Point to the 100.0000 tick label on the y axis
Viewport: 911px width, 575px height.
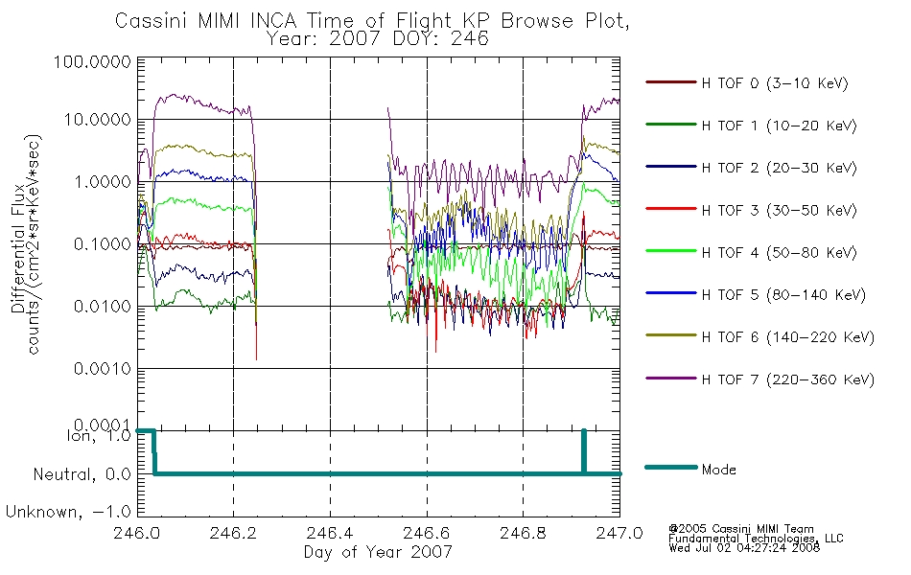(x=92, y=61)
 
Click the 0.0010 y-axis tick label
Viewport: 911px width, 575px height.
(x=103, y=369)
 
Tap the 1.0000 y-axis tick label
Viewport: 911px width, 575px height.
(x=103, y=182)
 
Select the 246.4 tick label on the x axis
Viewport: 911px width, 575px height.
(x=330, y=533)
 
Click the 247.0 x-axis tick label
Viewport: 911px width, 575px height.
(x=619, y=533)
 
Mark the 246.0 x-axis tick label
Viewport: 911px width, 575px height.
(x=137, y=533)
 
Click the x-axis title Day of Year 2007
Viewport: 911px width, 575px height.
(x=378, y=552)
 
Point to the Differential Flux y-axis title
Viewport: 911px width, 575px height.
(x=18, y=248)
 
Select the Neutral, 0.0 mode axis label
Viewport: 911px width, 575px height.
(x=82, y=475)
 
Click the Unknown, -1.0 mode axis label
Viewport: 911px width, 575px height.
(x=68, y=513)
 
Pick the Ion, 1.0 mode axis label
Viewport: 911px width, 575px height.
(x=99, y=436)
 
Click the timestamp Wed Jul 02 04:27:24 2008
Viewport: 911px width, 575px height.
(x=744, y=548)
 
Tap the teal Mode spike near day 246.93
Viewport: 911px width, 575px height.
(x=584, y=452)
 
